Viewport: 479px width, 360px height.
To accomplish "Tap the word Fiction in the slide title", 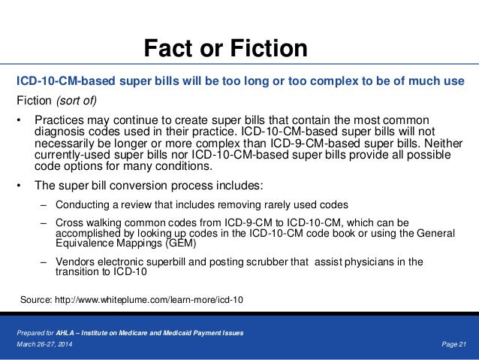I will [270, 49].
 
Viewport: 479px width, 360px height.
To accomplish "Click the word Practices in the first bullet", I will [60, 120].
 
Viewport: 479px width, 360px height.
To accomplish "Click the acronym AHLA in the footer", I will [86, 332].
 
